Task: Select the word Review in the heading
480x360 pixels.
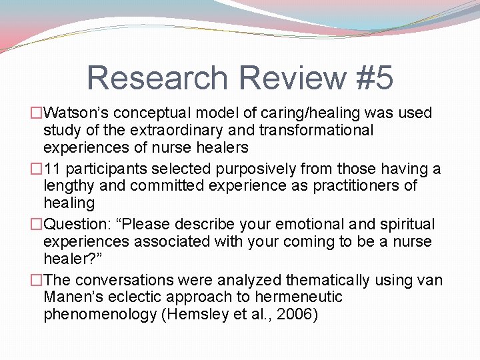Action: [x=290, y=77]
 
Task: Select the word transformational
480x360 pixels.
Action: [x=316, y=130]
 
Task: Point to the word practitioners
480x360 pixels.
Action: [x=346, y=185]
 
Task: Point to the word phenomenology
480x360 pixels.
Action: [x=100, y=314]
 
